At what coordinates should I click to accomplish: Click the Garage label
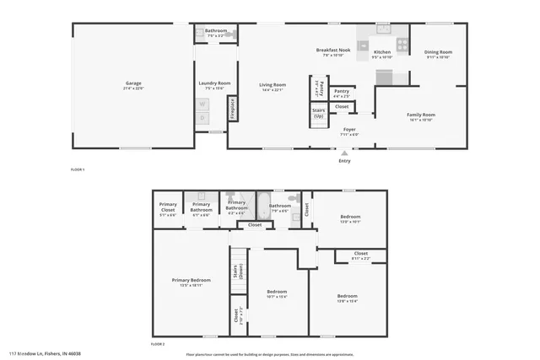click(x=133, y=83)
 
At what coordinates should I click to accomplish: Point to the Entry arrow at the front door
click(x=344, y=154)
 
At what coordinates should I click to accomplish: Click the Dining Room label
click(x=438, y=51)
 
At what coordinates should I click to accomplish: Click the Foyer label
click(x=349, y=129)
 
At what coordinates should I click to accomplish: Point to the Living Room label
click(x=272, y=84)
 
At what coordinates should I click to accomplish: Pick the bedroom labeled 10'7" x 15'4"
click(x=277, y=296)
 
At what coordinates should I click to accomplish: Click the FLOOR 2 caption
click(x=158, y=344)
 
